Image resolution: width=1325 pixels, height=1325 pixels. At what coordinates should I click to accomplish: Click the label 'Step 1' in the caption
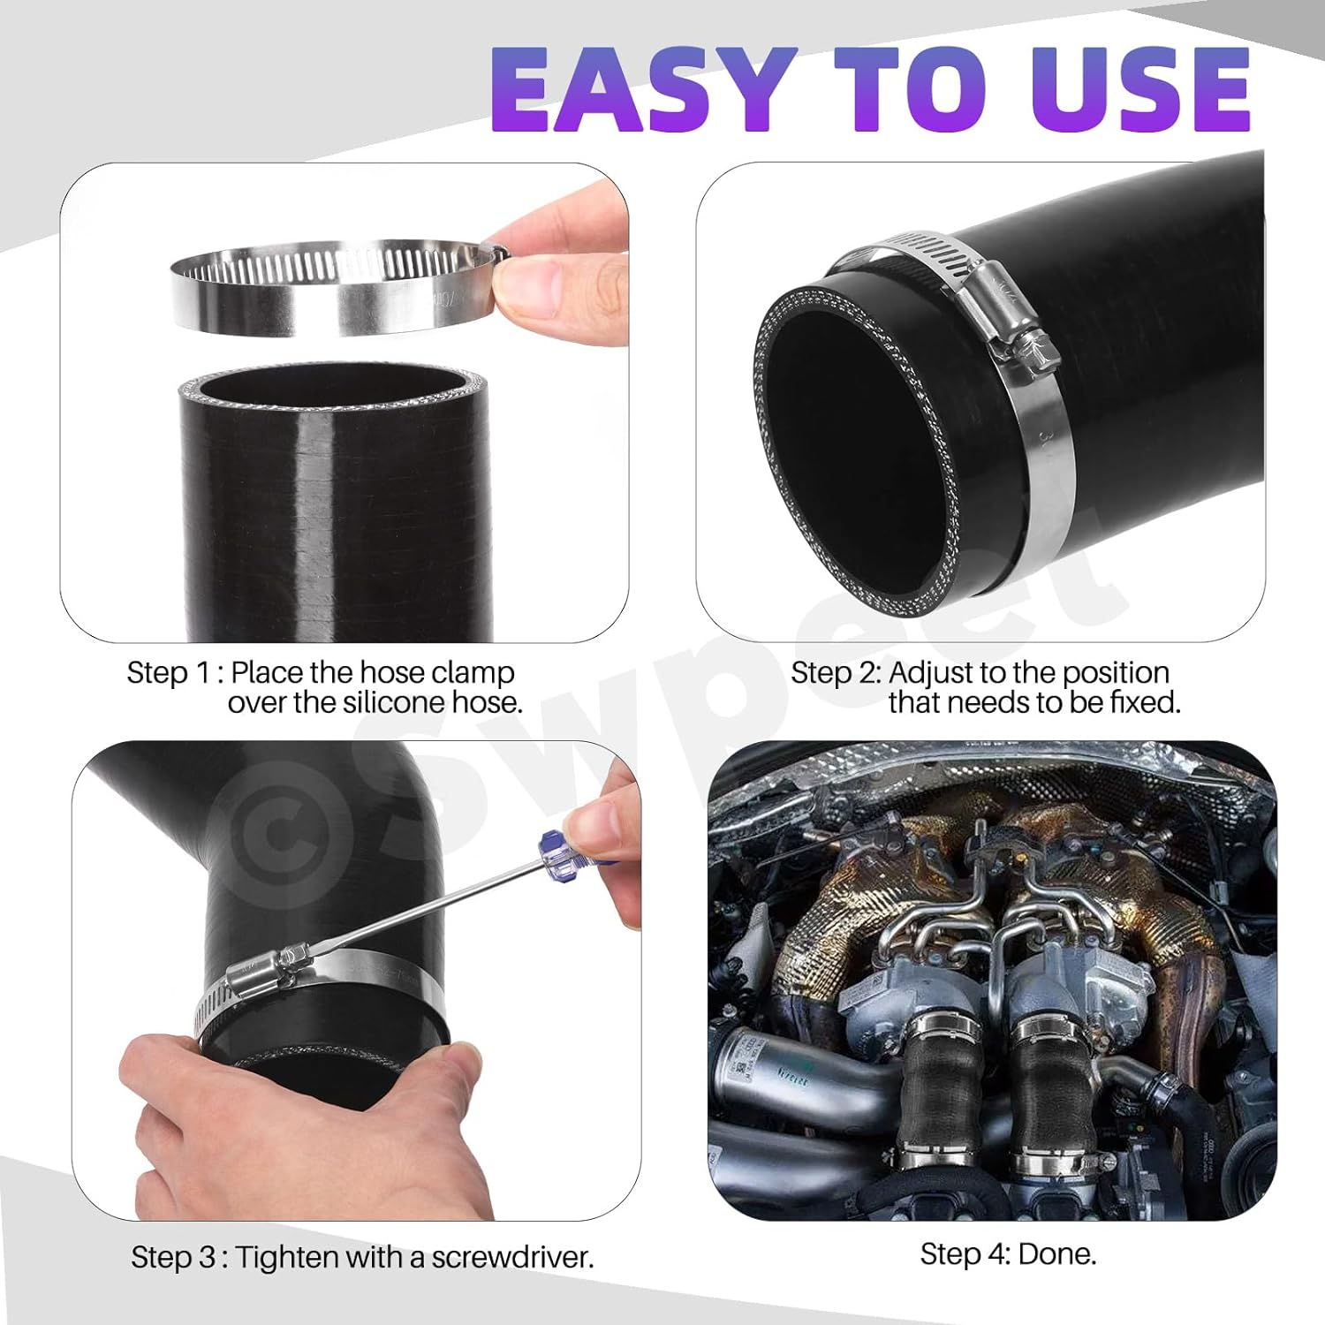pyautogui.click(x=168, y=673)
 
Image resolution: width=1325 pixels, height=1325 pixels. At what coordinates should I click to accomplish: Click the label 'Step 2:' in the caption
pyautogui.click(x=835, y=673)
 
